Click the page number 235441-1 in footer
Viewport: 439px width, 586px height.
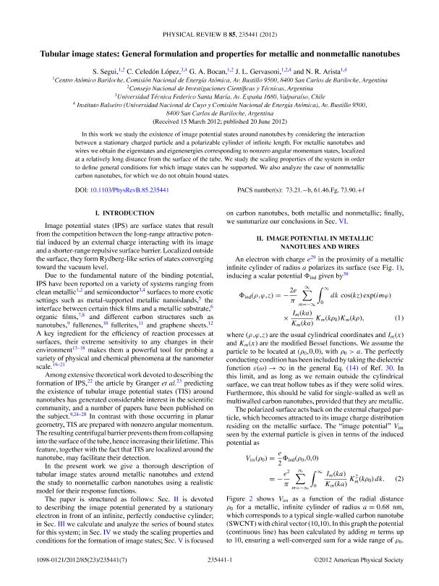(x=219, y=559)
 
